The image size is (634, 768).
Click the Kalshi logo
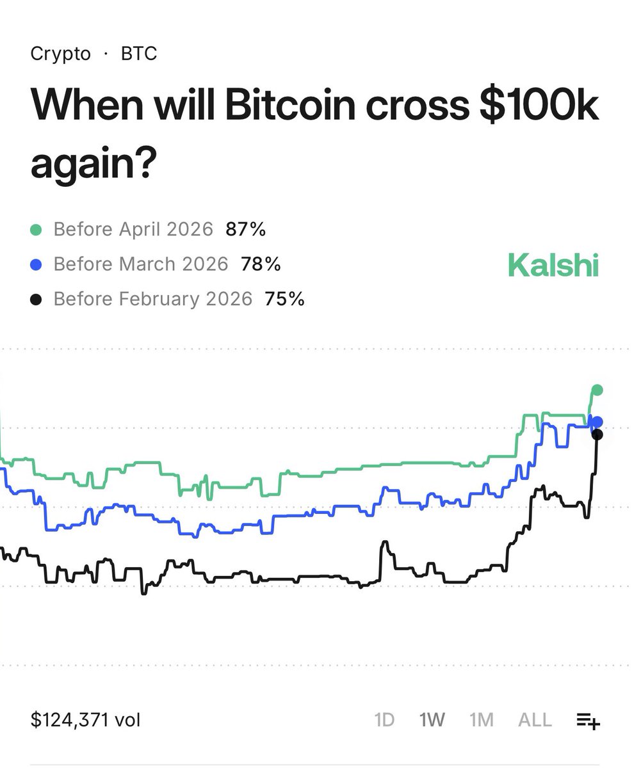pyautogui.click(x=553, y=265)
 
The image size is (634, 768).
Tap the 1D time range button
pyautogui.click(x=384, y=720)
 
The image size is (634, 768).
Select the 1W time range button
pyautogui.click(x=432, y=720)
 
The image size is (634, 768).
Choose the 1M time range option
pyautogui.click(x=482, y=720)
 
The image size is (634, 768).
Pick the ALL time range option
pyautogui.click(x=535, y=720)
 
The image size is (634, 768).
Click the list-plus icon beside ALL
pyautogui.click(x=588, y=721)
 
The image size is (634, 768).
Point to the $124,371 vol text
pyautogui.click(x=85, y=720)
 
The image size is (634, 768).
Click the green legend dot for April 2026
pyautogui.click(x=37, y=230)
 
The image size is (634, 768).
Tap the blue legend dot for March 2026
pyautogui.click(x=37, y=264)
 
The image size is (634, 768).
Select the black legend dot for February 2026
pyautogui.click(x=37, y=299)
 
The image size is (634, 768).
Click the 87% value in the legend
pyautogui.click(x=245, y=229)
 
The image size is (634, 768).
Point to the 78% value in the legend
pyautogui.click(x=261, y=264)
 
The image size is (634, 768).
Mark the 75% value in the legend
pyautogui.click(x=284, y=298)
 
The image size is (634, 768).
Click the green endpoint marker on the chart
pyautogui.click(x=597, y=390)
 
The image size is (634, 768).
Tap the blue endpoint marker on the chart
pyautogui.click(x=597, y=422)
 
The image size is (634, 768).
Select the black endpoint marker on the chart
pyautogui.click(x=597, y=435)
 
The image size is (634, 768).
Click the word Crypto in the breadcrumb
pyautogui.click(x=61, y=54)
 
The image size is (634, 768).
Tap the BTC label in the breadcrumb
pyautogui.click(x=139, y=54)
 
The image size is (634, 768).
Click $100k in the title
pyautogui.click(x=539, y=106)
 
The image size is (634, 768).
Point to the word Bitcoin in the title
pyautogui.click(x=289, y=106)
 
